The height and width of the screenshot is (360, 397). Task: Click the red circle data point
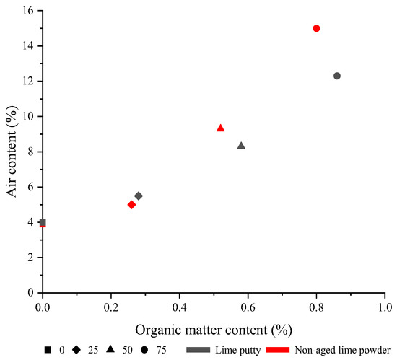point(316,28)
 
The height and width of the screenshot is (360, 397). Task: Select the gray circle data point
point(337,76)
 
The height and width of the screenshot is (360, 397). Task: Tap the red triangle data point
point(221,128)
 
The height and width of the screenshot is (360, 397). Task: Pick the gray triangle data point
point(241,146)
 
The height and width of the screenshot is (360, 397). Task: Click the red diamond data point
point(131,205)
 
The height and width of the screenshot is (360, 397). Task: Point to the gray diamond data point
point(139,196)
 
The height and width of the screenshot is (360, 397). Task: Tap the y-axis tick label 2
point(30,258)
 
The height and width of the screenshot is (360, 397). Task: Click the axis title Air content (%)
point(12,152)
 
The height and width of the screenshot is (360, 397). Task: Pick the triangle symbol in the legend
point(110,349)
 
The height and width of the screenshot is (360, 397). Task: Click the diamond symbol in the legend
point(77,349)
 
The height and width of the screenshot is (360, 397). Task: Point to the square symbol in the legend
point(47,349)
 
